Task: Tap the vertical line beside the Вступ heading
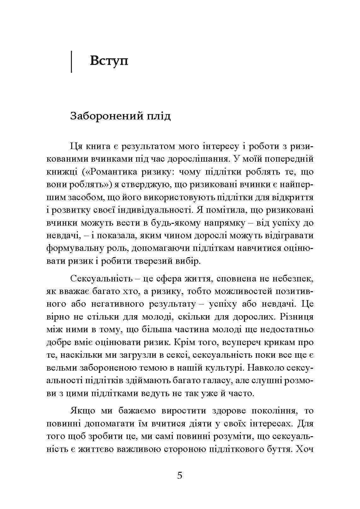(72, 62)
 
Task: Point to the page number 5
(180, 475)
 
